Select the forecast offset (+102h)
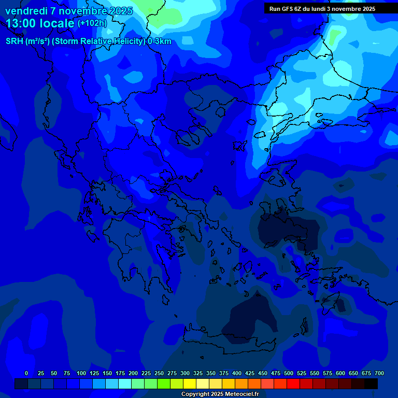click(92, 23)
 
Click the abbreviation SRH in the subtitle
click(15, 41)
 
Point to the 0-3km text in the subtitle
click(160, 41)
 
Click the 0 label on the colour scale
click(26, 373)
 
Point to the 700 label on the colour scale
click(379, 373)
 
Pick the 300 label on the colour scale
click(185, 373)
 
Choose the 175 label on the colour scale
click(120, 373)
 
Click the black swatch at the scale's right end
click(371, 383)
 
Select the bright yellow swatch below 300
click(190, 383)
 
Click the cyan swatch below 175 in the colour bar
click(125, 383)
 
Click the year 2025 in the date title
click(117, 11)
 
